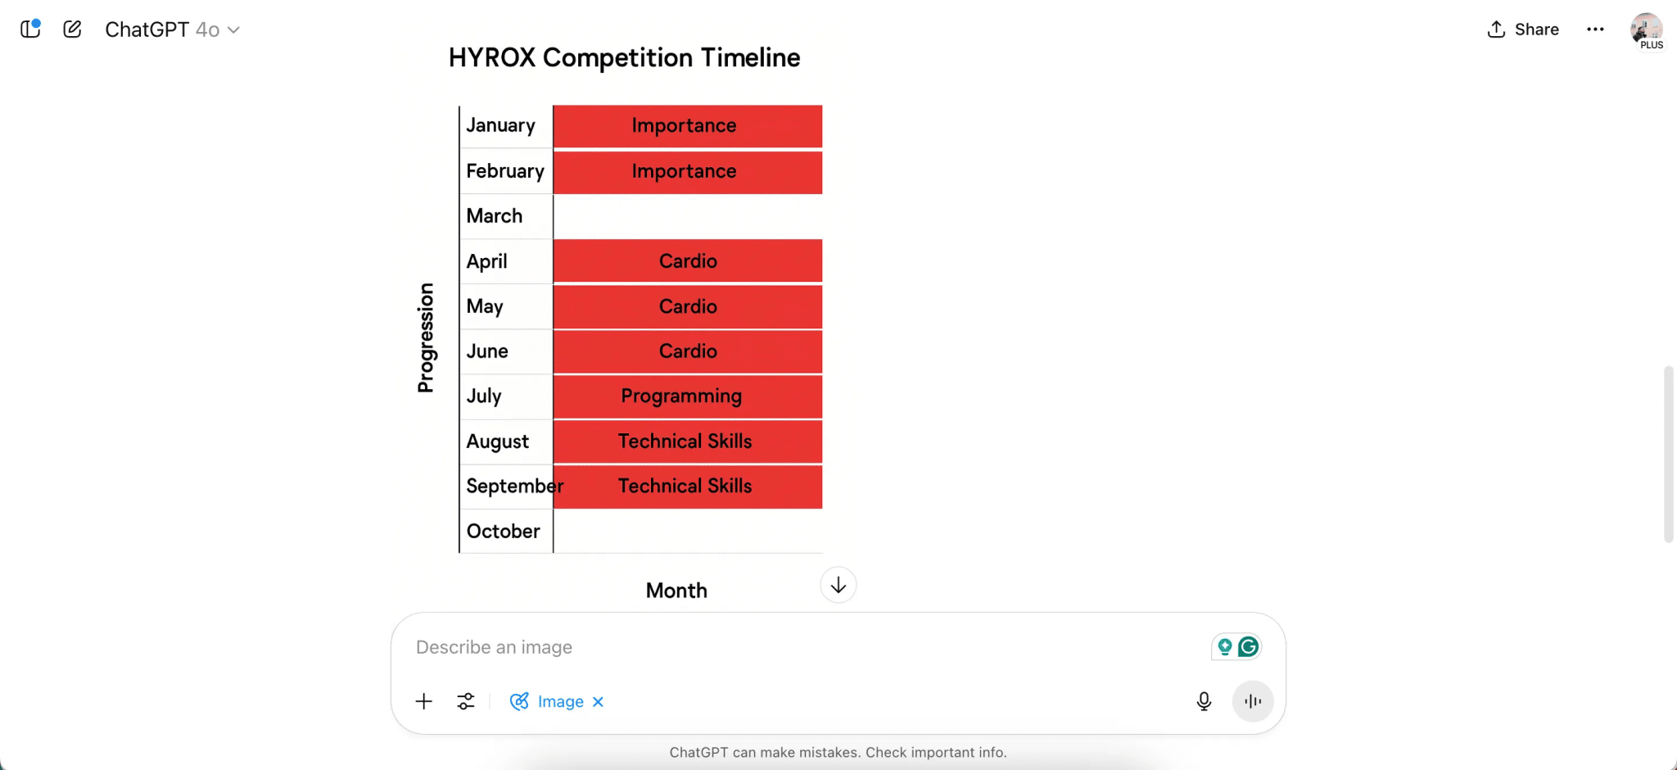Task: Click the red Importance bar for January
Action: coord(687,126)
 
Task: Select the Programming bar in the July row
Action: coord(687,396)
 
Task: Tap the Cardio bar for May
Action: coord(687,306)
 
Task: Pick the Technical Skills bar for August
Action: coord(687,442)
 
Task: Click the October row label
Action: coord(503,532)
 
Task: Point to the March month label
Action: coord(494,216)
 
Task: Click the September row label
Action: coord(513,487)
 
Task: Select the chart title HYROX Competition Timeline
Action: coord(624,58)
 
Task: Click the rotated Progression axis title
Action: coord(426,337)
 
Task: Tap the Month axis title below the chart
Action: coord(676,591)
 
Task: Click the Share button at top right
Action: coord(1523,29)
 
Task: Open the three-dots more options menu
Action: coord(1595,29)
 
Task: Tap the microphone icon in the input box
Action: coord(1204,701)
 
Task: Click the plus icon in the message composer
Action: coord(423,701)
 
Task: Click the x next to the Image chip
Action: coord(599,702)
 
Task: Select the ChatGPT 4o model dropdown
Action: coord(172,29)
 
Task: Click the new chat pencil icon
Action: coord(72,29)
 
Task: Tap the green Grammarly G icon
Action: coord(1249,647)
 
